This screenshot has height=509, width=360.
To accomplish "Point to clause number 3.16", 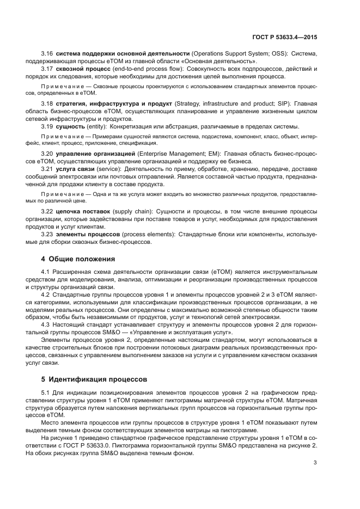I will click(47, 53).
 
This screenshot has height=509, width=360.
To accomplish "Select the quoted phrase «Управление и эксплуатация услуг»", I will click(186, 332).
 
